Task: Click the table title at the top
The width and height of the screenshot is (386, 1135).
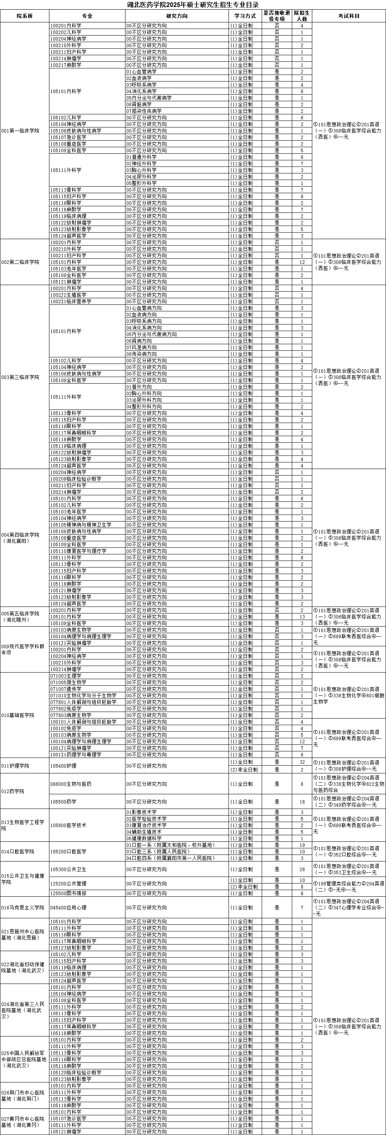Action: point(193,5)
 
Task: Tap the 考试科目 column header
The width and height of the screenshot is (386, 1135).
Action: point(349,16)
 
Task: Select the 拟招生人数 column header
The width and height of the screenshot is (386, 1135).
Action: point(302,16)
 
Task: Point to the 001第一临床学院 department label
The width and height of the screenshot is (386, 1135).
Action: point(20,131)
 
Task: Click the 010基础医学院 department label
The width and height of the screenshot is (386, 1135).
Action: point(18,715)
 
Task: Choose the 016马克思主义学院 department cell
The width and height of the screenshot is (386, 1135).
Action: point(23,907)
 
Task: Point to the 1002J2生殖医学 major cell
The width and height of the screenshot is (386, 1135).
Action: point(68,295)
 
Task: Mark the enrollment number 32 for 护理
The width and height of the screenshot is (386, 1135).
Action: point(302,762)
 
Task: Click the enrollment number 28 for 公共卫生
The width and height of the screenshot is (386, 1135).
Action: point(302,869)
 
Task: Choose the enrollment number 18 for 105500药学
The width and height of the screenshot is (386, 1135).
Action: point(302,802)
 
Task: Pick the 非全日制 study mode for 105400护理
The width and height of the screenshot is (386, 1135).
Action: point(244,769)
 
